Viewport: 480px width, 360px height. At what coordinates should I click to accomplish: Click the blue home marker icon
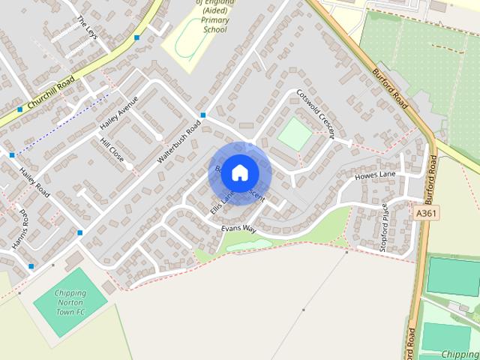click(239, 172)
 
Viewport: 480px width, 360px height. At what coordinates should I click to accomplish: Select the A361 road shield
click(427, 214)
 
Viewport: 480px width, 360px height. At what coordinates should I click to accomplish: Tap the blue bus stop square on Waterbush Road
click(203, 115)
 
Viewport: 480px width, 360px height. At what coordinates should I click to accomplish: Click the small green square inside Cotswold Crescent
click(295, 133)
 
